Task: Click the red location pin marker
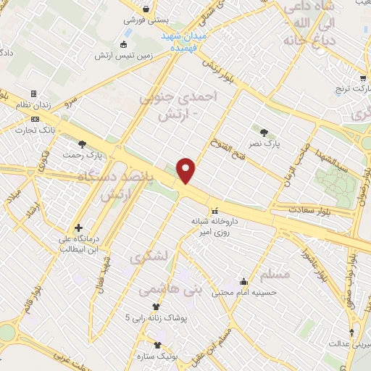186,170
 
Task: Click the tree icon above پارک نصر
263,133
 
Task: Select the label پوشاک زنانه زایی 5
156,317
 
